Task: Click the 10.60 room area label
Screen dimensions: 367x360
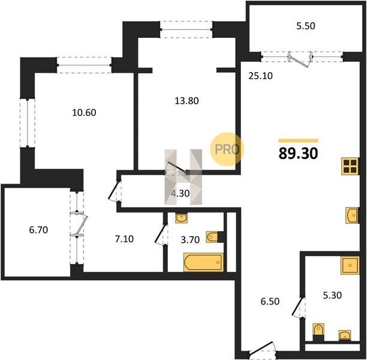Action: (84, 113)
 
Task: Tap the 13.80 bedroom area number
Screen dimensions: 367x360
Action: (186, 101)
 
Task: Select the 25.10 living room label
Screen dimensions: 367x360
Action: (260, 76)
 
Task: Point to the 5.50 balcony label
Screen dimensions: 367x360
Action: (306, 26)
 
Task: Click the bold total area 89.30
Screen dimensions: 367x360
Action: (298, 154)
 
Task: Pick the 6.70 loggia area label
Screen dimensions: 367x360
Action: (38, 230)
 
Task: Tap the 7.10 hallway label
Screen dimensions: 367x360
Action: (124, 239)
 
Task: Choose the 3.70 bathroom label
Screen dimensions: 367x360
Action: (190, 239)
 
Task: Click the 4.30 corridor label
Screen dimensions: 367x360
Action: (180, 193)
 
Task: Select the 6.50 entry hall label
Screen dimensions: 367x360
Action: (270, 301)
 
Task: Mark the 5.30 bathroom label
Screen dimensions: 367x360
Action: (332, 295)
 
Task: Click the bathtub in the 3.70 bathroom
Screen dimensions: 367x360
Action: (203, 262)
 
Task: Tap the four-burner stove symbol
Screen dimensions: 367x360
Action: (350, 166)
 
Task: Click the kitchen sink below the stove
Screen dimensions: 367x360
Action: (352, 215)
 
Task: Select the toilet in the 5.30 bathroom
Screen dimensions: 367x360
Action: (318, 332)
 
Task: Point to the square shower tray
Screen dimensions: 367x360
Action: (350, 265)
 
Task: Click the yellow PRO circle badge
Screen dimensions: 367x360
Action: (227, 149)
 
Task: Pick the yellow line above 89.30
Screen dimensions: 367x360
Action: (298, 141)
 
